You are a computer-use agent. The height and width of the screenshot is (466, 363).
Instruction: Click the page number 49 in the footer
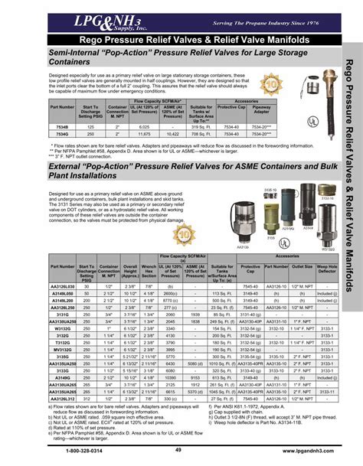(x=178, y=451)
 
